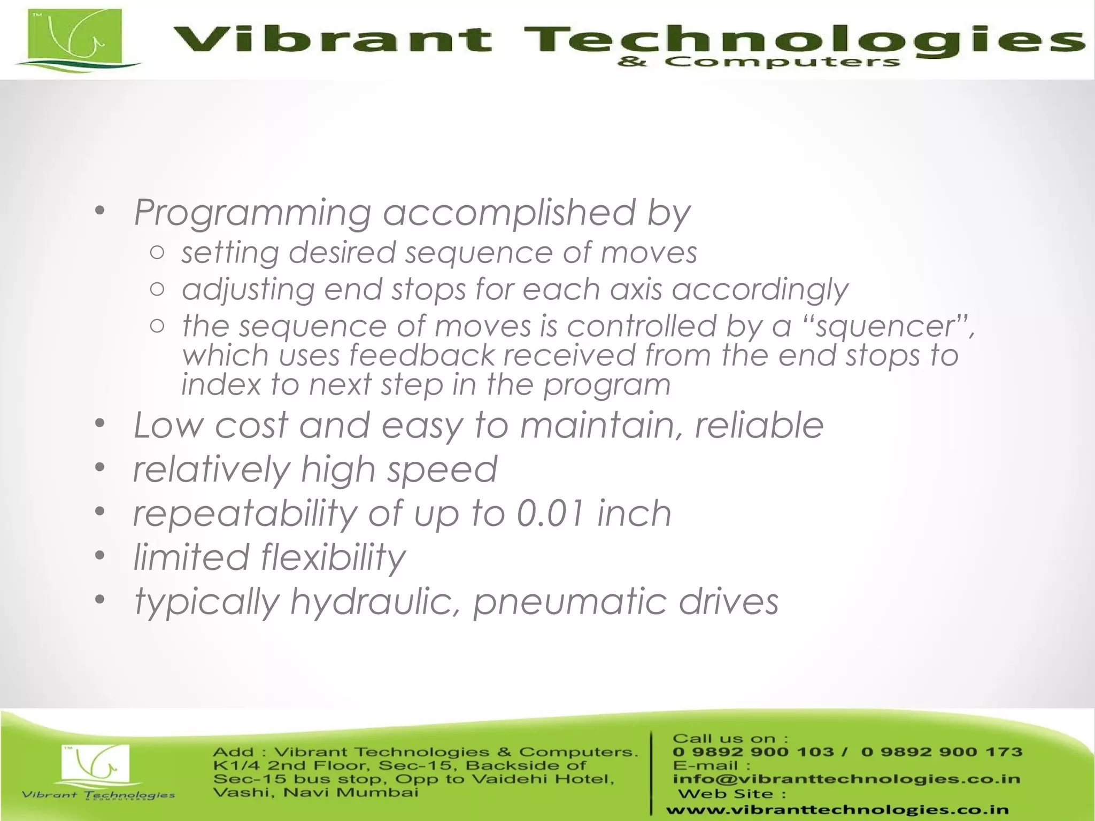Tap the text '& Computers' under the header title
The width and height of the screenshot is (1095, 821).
click(758, 63)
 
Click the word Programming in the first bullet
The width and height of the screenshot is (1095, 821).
click(252, 213)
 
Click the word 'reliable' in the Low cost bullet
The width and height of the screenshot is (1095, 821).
click(759, 425)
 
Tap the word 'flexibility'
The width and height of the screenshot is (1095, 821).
click(334, 557)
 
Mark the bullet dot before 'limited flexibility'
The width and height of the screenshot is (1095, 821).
click(100, 555)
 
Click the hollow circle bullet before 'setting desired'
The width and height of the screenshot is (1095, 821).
click(157, 252)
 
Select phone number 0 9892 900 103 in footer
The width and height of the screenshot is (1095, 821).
click(753, 752)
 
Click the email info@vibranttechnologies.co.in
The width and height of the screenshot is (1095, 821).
click(846, 779)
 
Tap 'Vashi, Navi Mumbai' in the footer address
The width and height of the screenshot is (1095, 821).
click(315, 792)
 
